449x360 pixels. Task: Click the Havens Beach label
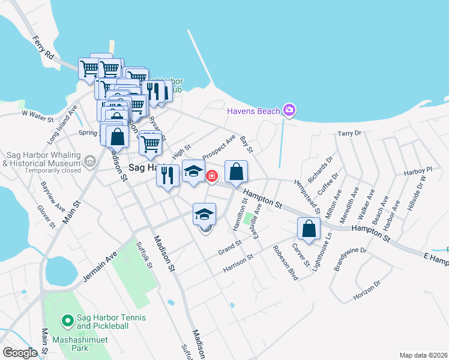(x=253, y=111)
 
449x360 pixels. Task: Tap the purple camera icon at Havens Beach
(x=289, y=110)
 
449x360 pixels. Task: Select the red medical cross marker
(x=211, y=176)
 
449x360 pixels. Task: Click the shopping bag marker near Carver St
(x=309, y=229)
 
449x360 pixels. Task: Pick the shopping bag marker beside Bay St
(x=237, y=172)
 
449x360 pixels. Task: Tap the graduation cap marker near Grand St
(x=204, y=214)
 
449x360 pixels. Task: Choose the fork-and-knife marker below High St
(x=167, y=175)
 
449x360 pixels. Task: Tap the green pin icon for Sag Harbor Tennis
(x=68, y=322)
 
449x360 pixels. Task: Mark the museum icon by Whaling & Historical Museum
(x=89, y=160)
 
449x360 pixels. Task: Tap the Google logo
(x=20, y=353)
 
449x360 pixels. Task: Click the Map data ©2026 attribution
(x=423, y=355)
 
